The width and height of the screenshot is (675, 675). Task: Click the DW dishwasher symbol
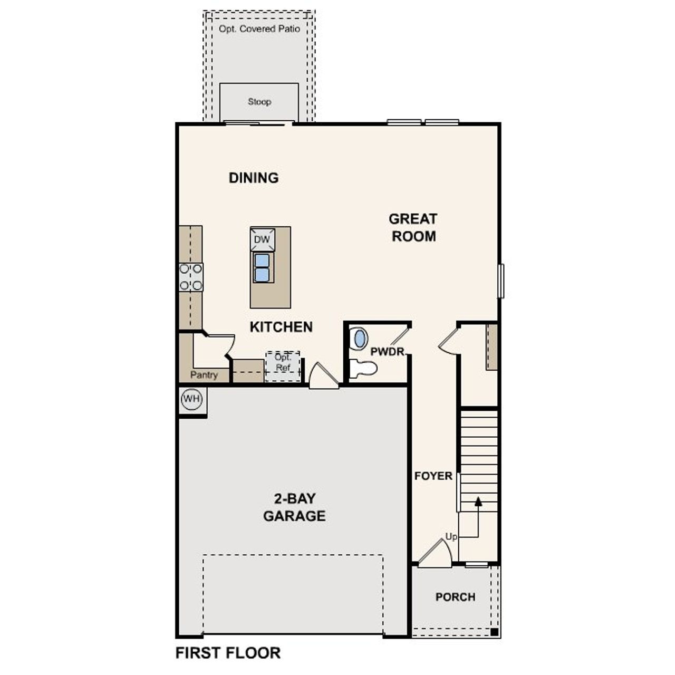click(262, 239)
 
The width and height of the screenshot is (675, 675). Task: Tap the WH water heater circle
click(191, 399)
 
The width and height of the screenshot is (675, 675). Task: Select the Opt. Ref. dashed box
click(283, 365)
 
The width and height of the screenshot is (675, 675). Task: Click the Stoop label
click(259, 102)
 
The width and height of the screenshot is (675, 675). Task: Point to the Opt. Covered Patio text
click(259, 29)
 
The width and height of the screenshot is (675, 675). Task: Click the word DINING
click(254, 178)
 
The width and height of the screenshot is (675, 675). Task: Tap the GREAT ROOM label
click(413, 227)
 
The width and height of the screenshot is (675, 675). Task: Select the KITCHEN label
click(281, 327)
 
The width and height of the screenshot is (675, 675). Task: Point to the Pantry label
click(204, 375)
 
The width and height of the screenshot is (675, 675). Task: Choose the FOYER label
click(433, 476)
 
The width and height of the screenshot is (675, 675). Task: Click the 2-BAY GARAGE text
click(294, 507)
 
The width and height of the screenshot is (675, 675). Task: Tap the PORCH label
click(455, 597)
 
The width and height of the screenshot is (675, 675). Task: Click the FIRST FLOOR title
click(228, 653)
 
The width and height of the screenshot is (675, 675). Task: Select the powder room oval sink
click(360, 339)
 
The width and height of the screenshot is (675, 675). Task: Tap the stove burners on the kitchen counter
click(190, 277)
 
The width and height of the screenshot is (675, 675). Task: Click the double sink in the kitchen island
click(262, 268)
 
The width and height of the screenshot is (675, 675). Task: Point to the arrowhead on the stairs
click(478, 501)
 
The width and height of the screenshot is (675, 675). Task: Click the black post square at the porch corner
click(494, 632)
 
